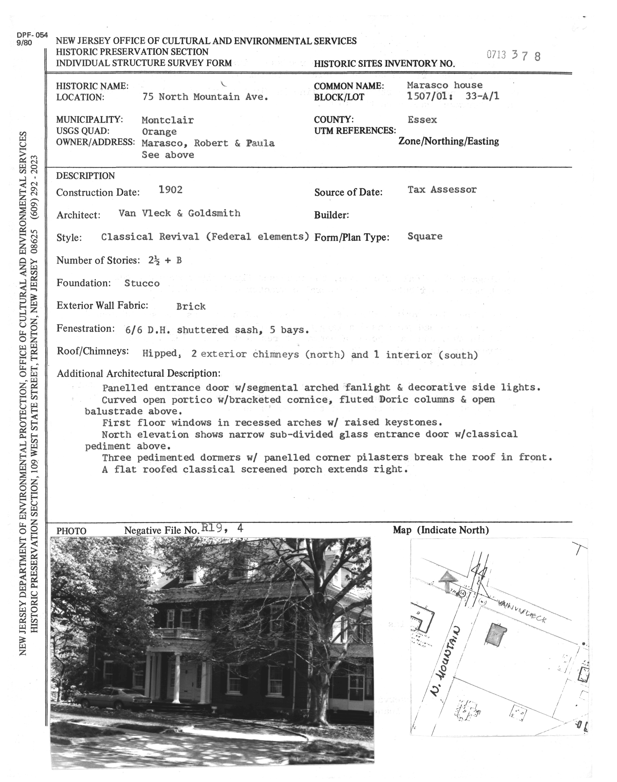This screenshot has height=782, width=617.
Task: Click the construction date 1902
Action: click(x=170, y=190)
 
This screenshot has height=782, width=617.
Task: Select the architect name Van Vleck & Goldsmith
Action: click(x=179, y=213)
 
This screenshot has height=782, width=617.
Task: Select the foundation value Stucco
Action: click(x=142, y=283)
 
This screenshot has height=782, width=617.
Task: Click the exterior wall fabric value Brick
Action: click(x=191, y=307)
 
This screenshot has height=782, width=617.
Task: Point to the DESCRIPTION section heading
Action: click(x=85, y=176)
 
